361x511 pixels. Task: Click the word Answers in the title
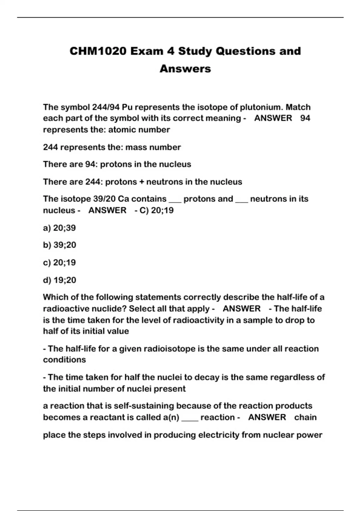[x=185, y=69]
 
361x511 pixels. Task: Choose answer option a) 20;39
[x=59, y=228]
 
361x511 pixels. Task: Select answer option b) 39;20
[x=60, y=245]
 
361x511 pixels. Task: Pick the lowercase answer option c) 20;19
[x=59, y=262]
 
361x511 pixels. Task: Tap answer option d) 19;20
[x=60, y=280]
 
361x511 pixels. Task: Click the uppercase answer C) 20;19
[x=156, y=210]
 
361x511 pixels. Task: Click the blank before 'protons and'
[x=175, y=201]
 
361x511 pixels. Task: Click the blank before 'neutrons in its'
[x=242, y=201]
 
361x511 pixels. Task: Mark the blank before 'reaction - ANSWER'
[x=190, y=419]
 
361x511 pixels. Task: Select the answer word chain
[x=305, y=418]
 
